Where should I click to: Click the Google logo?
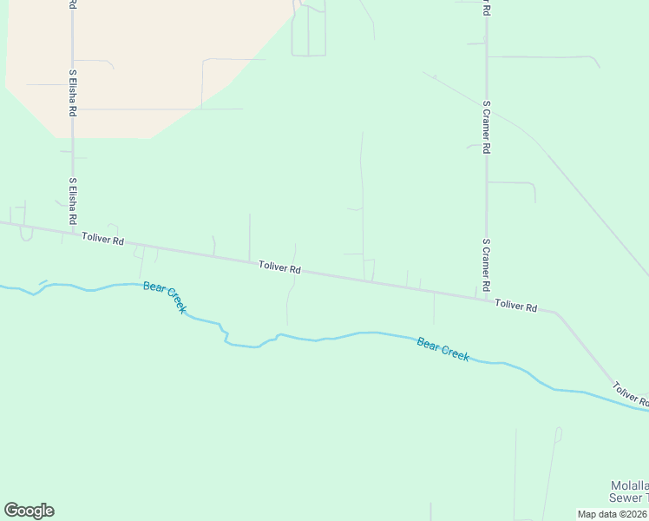[x=29, y=511]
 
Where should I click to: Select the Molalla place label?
[x=628, y=485]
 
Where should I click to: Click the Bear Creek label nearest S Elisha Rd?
[x=165, y=297]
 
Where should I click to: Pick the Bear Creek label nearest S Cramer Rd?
[x=442, y=349]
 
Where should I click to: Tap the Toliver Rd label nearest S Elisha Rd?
[x=103, y=238]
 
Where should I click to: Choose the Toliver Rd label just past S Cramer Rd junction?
[x=516, y=306]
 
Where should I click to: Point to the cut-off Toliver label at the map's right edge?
[x=630, y=394]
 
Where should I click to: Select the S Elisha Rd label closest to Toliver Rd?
[x=73, y=202]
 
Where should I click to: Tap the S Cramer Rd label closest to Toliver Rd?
[x=487, y=265]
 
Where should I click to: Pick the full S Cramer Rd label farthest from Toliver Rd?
[x=487, y=127]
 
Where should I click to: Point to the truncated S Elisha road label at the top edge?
[x=71, y=4]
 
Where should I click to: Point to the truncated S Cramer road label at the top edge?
[x=486, y=8]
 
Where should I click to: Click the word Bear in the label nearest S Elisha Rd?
[x=153, y=287]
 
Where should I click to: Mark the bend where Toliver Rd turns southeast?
[x=556, y=313]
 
